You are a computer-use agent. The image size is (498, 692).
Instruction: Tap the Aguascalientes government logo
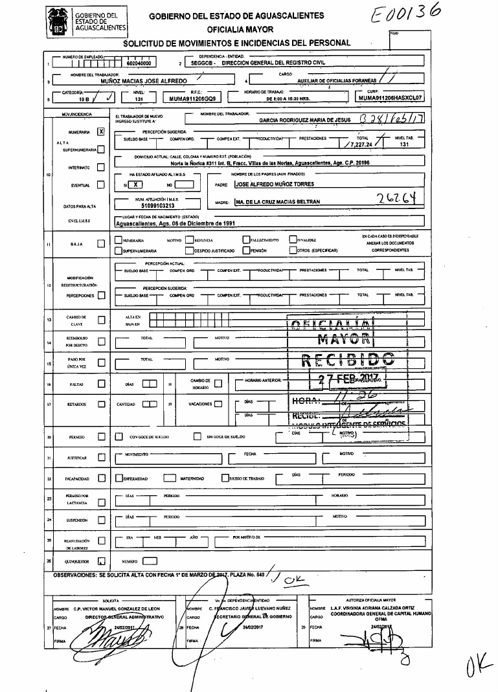[59, 21]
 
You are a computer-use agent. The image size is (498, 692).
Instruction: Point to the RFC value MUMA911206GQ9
[192, 100]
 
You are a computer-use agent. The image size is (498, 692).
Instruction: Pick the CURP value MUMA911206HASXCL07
[390, 99]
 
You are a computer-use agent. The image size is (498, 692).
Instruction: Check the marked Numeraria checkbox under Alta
[100, 131]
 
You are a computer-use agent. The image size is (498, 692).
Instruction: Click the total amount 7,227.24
[357, 146]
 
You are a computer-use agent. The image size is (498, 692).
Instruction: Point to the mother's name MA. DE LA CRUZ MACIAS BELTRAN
[278, 203]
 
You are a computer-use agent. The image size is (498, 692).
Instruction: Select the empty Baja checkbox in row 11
[100, 244]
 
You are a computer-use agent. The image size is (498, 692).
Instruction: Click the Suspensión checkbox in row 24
[100, 520]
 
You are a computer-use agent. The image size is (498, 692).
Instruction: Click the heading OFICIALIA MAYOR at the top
[240, 29]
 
